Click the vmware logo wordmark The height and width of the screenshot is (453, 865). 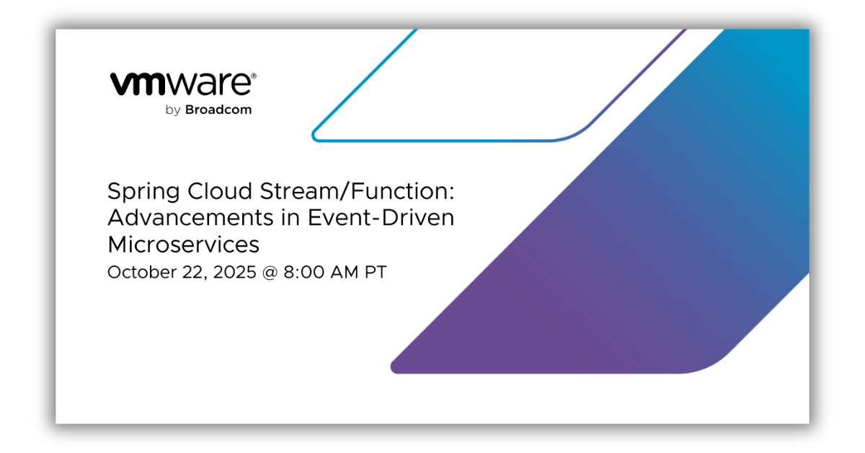(x=182, y=84)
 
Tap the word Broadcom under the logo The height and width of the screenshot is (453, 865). (x=218, y=110)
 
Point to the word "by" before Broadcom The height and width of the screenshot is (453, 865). (x=173, y=110)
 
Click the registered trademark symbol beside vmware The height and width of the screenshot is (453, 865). (x=254, y=76)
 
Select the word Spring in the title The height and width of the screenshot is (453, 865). (x=143, y=192)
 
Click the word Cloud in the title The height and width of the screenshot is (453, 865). (x=220, y=191)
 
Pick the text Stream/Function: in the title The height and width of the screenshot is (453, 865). (x=358, y=191)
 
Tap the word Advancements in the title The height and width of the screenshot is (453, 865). (x=191, y=218)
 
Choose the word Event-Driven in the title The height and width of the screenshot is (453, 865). (x=381, y=218)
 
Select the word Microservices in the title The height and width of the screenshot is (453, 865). (x=183, y=245)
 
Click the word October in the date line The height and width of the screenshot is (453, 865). (x=142, y=272)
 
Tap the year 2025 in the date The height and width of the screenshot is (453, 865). (x=234, y=272)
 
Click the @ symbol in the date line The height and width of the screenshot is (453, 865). (x=270, y=273)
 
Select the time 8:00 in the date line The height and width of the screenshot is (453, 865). (x=304, y=272)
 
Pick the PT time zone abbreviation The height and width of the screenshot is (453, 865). (x=376, y=272)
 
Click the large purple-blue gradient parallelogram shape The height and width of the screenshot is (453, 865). (x=603, y=239)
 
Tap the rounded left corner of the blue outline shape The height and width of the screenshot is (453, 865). (x=315, y=136)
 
